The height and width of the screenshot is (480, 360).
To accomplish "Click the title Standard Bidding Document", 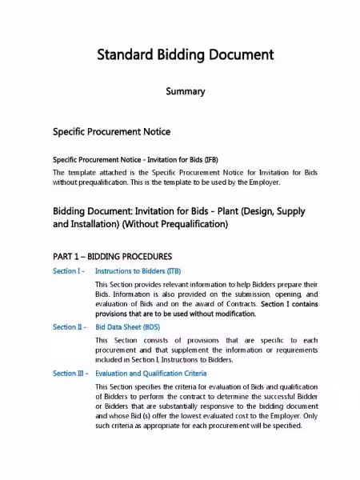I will tap(186, 55).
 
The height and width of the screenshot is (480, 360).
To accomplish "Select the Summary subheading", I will tap(186, 92).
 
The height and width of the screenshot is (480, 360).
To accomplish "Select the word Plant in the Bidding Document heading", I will tap(239, 211).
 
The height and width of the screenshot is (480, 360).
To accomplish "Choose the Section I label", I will tap(69, 272).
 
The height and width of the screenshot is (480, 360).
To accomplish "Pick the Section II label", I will tap(70, 327).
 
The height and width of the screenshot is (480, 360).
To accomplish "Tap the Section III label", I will tap(71, 373).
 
